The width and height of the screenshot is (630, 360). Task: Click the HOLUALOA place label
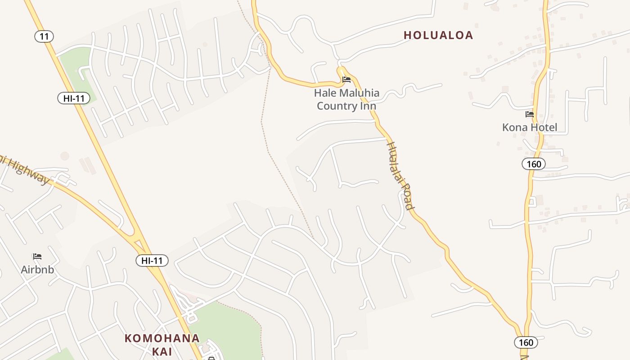click(x=438, y=35)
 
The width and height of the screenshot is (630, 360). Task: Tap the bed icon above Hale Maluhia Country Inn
click(x=346, y=80)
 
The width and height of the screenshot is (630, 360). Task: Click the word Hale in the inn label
click(x=324, y=93)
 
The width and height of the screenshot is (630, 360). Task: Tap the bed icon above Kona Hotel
click(x=529, y=114)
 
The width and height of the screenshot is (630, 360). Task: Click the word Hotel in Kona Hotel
click(x=544, y=127)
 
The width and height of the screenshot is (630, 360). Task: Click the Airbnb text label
click(x=37, y=270)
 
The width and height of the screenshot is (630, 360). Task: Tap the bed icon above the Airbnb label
click(x=37, y=256)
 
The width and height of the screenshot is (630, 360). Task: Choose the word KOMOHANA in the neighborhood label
click(x=162, y=338)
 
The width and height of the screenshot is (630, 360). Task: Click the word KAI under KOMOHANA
click(x=162, y=351)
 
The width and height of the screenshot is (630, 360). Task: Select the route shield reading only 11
click(x=44, y=36)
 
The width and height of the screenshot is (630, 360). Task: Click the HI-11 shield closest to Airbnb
click(x=152, y=260)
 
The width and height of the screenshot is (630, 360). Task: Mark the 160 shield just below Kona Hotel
click(x=534, y=164)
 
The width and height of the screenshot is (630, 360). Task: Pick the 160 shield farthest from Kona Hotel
click(x=526, y=342)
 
